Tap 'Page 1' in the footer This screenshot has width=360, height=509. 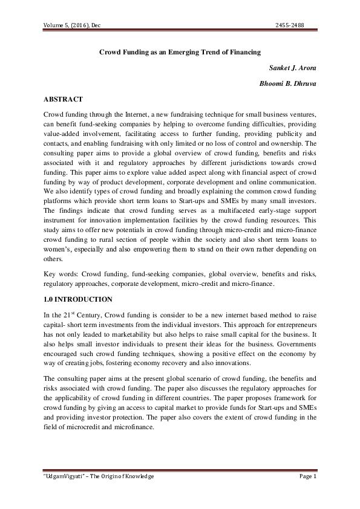click(308, 476)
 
